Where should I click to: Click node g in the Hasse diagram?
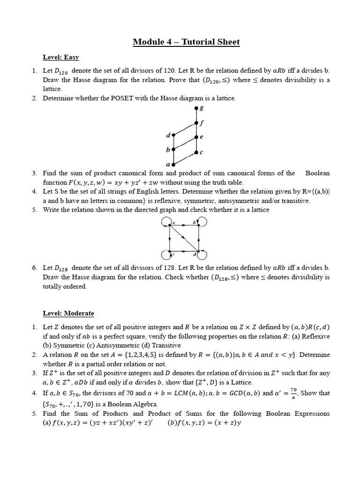click(x=196, y=109)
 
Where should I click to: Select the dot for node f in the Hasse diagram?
click(x=196, y=123)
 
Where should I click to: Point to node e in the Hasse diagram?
click(x=196, y=137)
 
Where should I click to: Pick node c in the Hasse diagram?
click(x=196, y=152)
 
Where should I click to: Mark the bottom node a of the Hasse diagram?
click(x=173, y=164)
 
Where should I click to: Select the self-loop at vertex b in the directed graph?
click(x=202, y=221)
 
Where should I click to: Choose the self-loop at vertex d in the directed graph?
click(x=202, y=255)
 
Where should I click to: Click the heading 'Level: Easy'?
click(x=61, y=57)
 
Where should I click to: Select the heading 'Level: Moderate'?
click(x=68, y=313)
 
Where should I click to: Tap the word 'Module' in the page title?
click(x=148, y=42)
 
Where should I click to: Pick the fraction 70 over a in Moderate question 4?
click(x=294, y=392)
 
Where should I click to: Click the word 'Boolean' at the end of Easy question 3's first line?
click(x=317, y=173)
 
